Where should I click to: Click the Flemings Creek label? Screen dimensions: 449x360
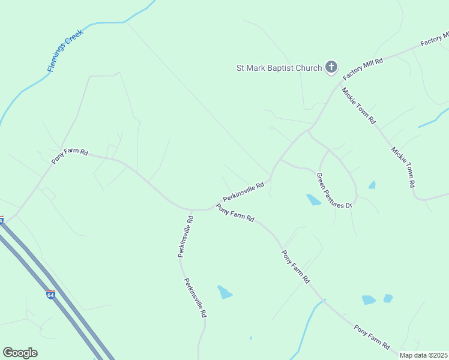65,50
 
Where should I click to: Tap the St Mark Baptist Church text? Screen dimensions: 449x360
279,68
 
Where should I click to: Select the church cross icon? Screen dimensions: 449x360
331,67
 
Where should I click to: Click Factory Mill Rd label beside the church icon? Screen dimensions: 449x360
363,70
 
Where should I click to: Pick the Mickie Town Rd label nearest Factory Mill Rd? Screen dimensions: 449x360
358,106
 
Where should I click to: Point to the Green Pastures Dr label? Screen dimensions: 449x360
334,190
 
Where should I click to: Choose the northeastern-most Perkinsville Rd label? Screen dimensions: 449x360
244,192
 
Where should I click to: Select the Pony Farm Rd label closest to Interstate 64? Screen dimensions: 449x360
70,157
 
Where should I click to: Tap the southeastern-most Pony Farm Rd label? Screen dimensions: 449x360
372,337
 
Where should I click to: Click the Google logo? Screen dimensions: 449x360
20,353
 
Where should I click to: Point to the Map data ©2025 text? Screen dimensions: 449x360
423,355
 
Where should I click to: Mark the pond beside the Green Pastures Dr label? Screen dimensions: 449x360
313,200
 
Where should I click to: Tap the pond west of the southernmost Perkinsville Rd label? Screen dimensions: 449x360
224,292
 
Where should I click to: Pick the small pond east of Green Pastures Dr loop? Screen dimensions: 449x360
372,185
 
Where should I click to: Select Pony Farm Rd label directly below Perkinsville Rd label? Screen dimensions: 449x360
235,214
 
